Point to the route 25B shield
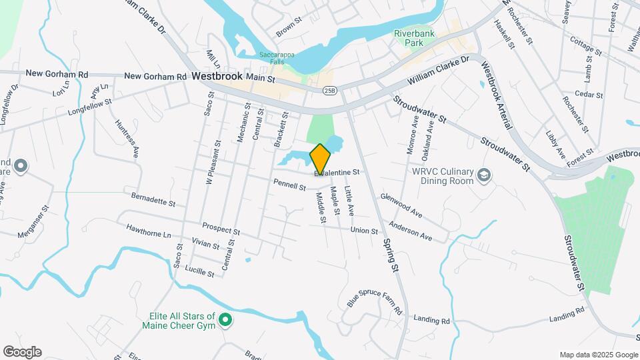[x=329, y=90]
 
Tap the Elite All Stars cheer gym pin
[x=225, y=321]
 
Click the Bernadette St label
[x=153, y=199]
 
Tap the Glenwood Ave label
[x=401, y=205]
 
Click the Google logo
[x=22, y=351]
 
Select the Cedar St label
[x=589, y=95]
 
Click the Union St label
[x=364, y=231]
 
